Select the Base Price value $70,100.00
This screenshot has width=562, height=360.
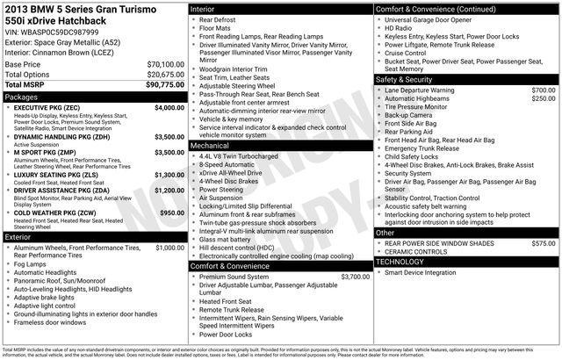[x=165, y=65]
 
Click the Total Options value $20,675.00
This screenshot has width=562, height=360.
[x=165, y=75]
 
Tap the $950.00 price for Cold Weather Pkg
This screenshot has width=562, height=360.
[x=171, y=213]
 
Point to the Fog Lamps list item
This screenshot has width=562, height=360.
[x=31, y=263]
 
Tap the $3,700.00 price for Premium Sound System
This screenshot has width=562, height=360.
[x=356, y=277]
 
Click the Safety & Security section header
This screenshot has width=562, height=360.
[x=408, y=79]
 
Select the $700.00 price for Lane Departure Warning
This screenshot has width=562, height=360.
[x=544, y=90]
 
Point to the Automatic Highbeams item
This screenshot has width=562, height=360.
[x=420, y=98]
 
